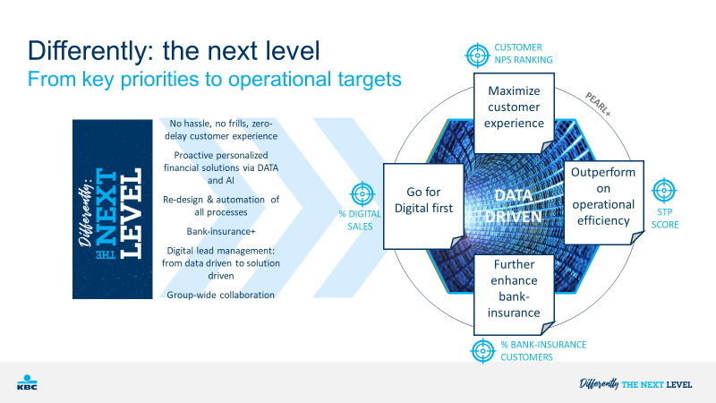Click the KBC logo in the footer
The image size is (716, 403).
pos(27,382)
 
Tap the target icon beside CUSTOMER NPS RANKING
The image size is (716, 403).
pos(477,56)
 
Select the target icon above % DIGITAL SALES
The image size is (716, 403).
pos(362,193)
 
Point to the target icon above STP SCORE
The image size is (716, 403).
pos(664,191)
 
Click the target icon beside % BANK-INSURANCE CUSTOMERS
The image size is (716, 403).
pos(482,351)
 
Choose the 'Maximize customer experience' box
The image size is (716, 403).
pos(514,113)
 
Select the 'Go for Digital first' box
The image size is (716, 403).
pos(423,206)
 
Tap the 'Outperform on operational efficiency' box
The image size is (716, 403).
pos(603,202)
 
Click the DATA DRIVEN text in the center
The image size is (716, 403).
pos(514,206)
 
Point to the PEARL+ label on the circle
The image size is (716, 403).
pos(598,104)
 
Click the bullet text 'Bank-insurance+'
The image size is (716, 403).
pos(221,231)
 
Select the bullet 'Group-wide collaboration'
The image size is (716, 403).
pos(220,295)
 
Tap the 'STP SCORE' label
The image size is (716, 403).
pos(665,218)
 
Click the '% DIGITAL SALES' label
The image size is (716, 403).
pos(360,219)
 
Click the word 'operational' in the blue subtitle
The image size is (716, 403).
pos(279,79)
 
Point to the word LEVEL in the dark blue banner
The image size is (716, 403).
pos(131,213)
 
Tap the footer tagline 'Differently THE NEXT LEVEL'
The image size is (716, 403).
pos(635,384)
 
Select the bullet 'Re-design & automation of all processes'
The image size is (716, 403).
pos(221,206)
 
